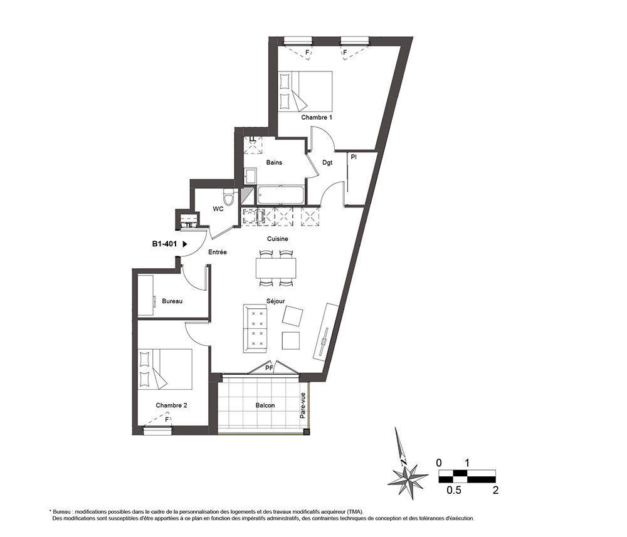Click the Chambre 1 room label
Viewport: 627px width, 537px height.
point(316,117)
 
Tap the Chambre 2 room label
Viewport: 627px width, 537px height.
point(171,405)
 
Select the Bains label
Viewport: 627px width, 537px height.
point(274,162)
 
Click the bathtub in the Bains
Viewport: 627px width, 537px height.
point(280,196)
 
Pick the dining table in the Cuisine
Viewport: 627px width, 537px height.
point(276,268)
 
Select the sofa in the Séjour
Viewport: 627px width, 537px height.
point(255,328)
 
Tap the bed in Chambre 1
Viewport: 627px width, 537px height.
point(305,91)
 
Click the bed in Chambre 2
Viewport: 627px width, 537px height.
point(165,369)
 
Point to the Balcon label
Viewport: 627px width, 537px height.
point(265,405)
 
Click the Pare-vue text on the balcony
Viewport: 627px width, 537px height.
point(303,405)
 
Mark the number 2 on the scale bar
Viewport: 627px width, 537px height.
point(495,490)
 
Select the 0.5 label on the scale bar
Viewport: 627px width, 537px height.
point(454,490)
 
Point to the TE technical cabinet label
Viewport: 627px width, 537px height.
point(189,225)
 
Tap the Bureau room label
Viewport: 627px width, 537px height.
point(172,301)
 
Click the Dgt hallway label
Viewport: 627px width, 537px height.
point(327,163)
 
